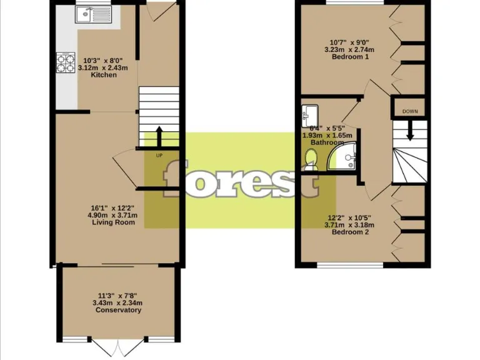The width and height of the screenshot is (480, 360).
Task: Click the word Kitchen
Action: click(x=104, y=75)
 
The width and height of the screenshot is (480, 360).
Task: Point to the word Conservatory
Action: click(x=116, y=310)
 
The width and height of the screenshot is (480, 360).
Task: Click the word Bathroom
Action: click(x=328, y=142)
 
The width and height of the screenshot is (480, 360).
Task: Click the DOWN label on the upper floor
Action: click(x=410, y=111)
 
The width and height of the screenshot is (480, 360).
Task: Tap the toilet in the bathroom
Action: click(x=311, y=160)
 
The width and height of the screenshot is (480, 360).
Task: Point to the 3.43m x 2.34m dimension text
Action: click(x=116, y=302)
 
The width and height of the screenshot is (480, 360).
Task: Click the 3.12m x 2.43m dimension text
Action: click(x=104, y=67)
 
